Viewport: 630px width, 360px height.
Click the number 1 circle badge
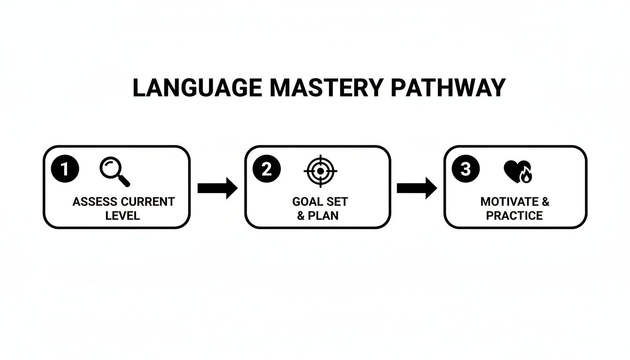coord(65,169)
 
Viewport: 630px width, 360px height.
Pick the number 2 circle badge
coord(266,169)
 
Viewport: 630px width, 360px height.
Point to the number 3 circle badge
coord(465,169)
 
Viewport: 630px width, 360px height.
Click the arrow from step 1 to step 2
coord(217,188)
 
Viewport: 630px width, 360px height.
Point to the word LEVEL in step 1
coord(123,216)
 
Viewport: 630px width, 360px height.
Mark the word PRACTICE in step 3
coord(514,216)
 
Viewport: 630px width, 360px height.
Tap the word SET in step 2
coord(337,202)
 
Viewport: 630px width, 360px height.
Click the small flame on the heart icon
coord(526,176)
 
